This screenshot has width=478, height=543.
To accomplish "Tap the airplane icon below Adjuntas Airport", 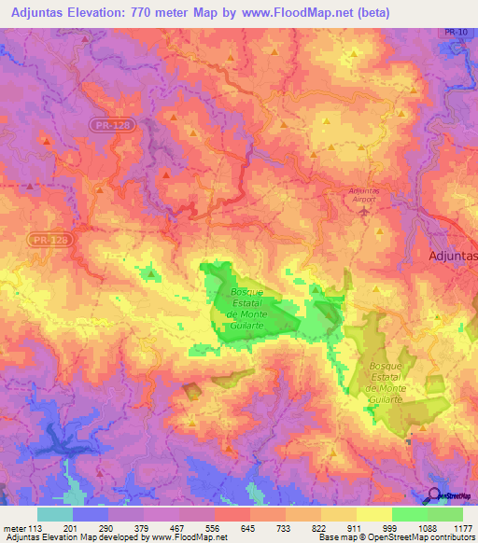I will point(365,209).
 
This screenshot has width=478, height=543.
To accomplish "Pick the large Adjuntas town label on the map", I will point(452,255).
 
